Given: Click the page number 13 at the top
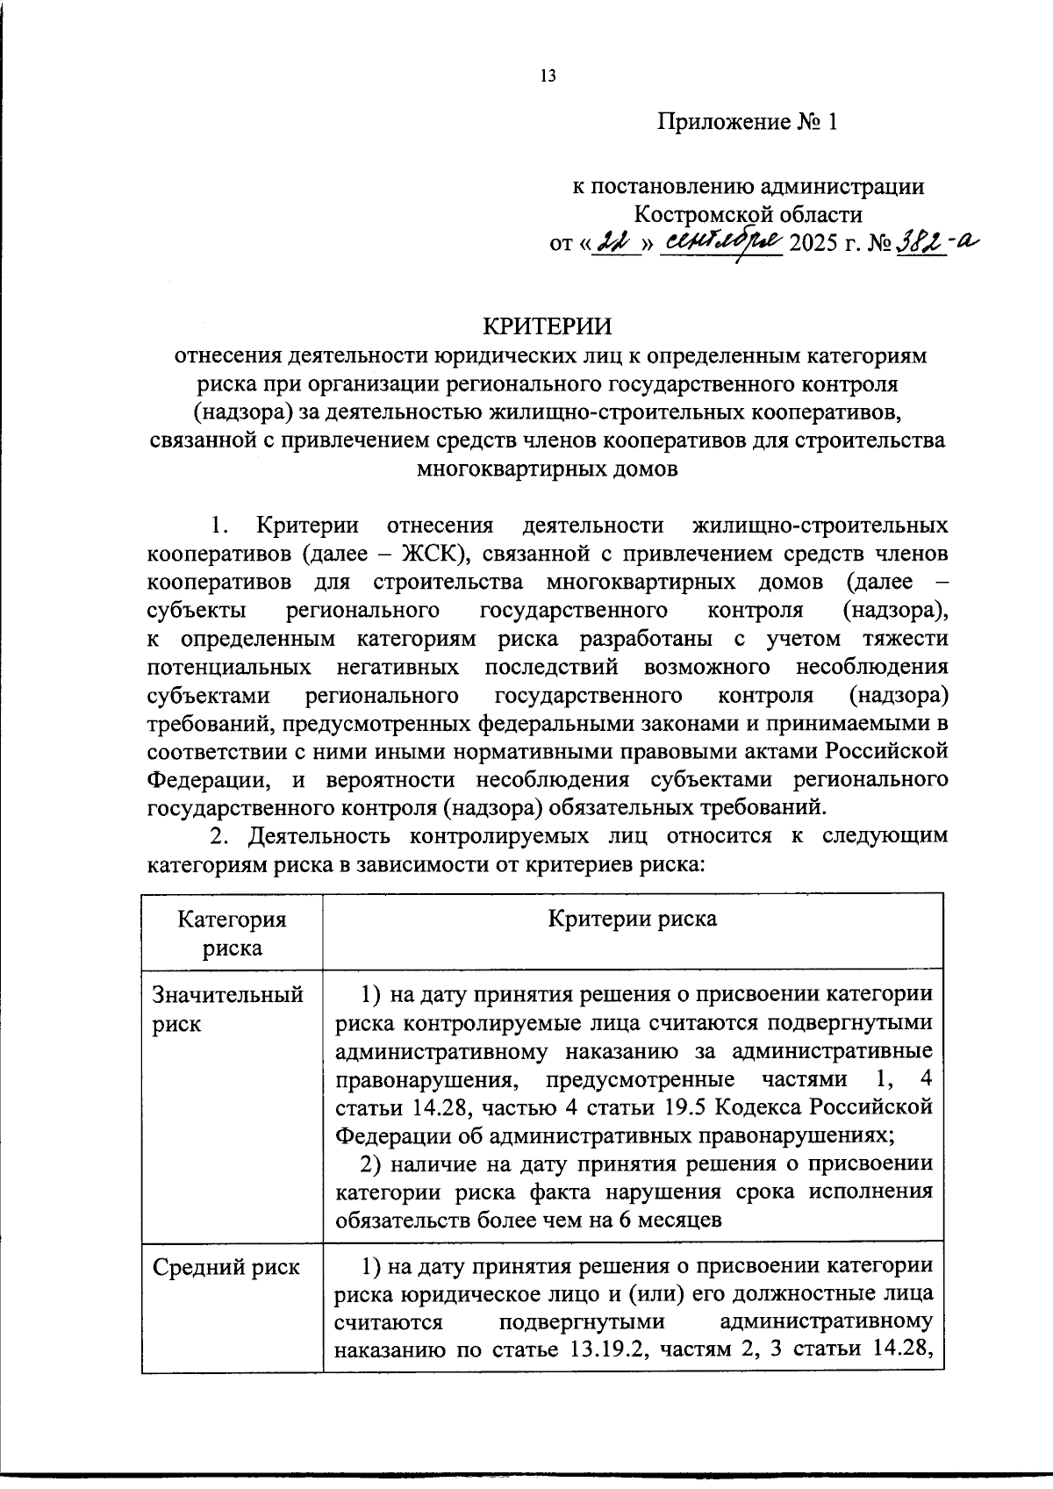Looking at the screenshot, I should tap(548, 76).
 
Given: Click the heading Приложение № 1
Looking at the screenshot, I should tap(749, 122).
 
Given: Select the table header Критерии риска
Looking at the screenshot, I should tap(632, 919).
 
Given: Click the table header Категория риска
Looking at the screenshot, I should tap(233, 933).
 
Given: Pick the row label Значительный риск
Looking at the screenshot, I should tap(228, 1009).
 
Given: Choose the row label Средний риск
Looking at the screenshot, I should tap(226, 1267).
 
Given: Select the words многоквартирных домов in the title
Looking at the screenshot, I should tap(548, 469).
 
